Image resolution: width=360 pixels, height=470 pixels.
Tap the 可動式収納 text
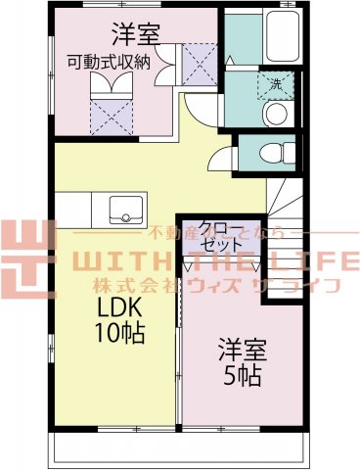(x=109, y=63)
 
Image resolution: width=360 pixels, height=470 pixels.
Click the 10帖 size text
(x=120, y=333)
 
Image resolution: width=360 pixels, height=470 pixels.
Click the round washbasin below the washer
(x=275, y=116)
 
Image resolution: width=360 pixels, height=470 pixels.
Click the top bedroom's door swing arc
(x=201, y=108)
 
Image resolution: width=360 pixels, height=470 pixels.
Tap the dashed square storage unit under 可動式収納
(x=109, y=106)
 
